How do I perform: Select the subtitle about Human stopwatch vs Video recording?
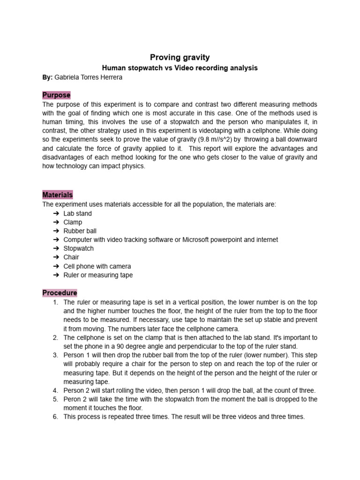(x=180, y=68)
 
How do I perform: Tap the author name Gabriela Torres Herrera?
(x=89, y=77)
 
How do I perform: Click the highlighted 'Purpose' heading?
(x=56, y=95)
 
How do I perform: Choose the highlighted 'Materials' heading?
(x=58, y=195)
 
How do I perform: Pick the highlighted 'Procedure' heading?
(x=60, y=293)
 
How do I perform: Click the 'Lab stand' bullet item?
(x=78, y=213)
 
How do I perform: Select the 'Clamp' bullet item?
(x=73, y=222)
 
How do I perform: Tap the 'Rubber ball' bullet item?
(x=80, y=231)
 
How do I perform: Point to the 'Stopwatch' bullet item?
(x=79, y=248)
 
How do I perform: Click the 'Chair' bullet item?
(x=71, y=257)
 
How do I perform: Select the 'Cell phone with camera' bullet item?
(x=97, y=266)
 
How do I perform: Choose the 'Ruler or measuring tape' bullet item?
(x=98, y=275)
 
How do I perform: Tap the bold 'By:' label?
(x=48, y=77)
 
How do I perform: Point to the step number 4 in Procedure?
(x=55, y=390)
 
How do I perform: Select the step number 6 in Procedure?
(x=55, y=417)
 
